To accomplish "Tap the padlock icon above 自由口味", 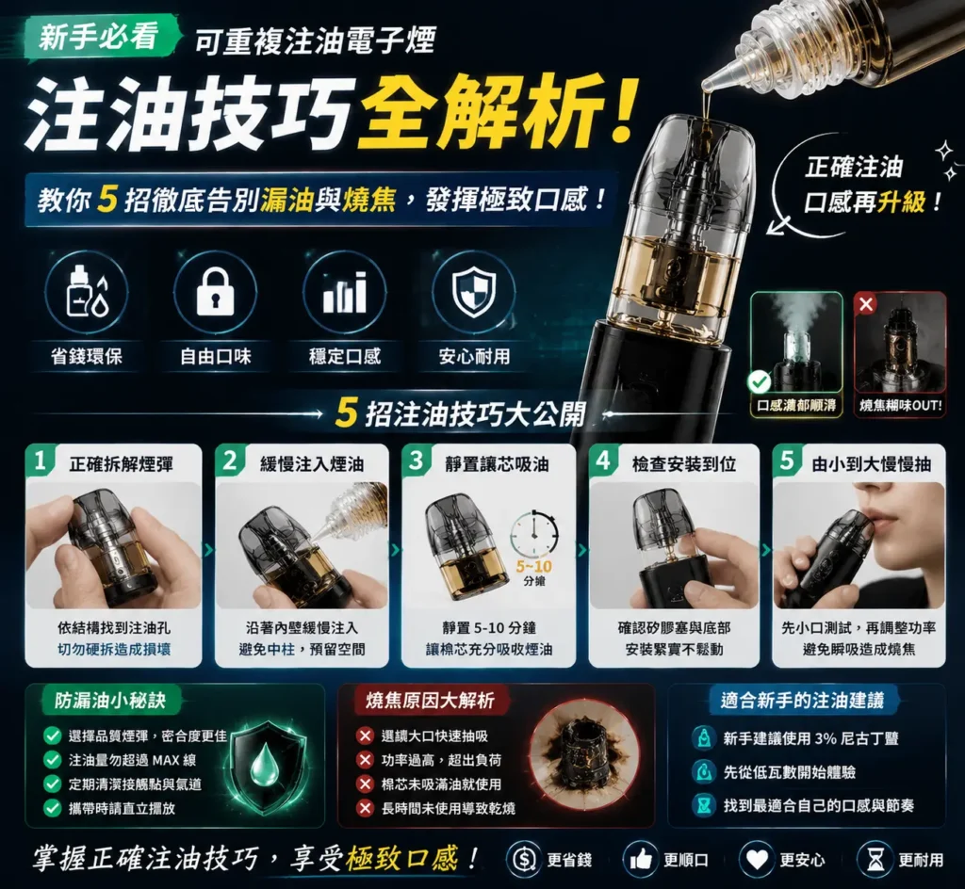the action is point(215,293).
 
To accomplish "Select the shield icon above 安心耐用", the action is point(474,294).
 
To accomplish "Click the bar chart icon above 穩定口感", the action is point(345,293).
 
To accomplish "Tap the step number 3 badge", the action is point(416,460).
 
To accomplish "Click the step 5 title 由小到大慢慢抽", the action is point(871,464).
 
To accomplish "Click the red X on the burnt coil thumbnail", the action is point(866,304).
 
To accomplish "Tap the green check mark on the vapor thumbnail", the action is point(760,382).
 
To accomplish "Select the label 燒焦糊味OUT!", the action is point(900,406).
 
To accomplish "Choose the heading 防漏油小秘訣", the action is point(110,701).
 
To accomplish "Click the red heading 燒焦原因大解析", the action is point(430,701).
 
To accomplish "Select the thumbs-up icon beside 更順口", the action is point(641,859).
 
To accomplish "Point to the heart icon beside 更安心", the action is point(757,859).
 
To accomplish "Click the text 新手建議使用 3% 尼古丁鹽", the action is point(811,737).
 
